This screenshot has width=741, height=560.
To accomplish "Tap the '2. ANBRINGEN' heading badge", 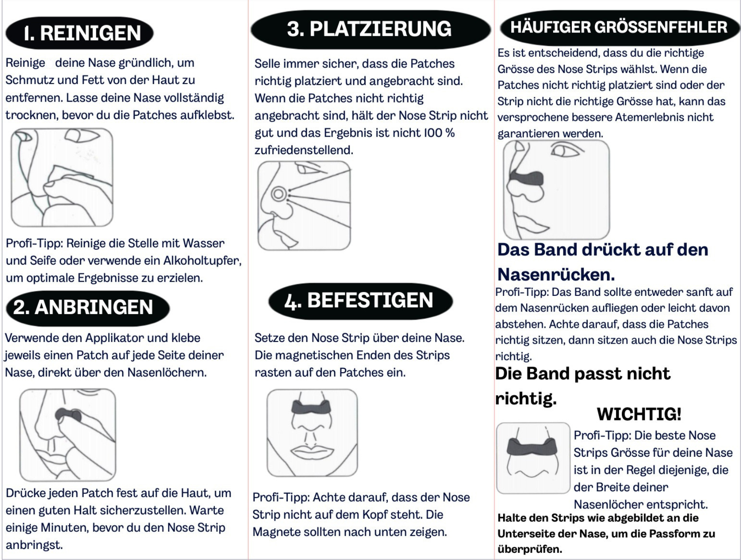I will coord(88,307).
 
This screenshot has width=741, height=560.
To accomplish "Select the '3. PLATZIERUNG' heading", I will coord(370,29).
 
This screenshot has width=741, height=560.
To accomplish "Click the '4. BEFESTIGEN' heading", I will coord(360,300).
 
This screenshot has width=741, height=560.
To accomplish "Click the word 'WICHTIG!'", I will coord(639,414).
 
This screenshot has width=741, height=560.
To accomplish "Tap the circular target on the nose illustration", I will coord(278,194).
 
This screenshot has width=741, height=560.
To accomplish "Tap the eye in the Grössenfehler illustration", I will coord(563,151).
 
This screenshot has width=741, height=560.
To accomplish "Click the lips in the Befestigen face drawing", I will coord(311,451).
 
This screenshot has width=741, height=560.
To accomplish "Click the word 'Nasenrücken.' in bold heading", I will coord(556,274).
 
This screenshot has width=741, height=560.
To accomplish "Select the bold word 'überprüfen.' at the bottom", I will coord(530,549).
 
